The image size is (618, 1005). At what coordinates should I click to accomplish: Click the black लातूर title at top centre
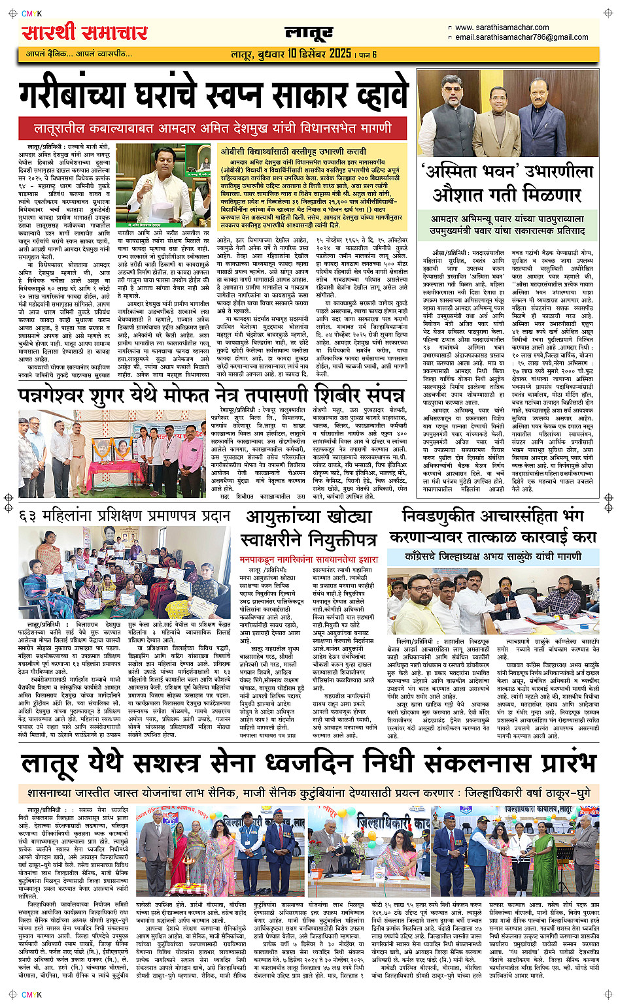coord(309,33)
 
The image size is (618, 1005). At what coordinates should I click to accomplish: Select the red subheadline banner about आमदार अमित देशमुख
coord(213,127)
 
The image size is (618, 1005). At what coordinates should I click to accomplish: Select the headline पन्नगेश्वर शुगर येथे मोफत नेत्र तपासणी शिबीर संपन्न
coord(211,395)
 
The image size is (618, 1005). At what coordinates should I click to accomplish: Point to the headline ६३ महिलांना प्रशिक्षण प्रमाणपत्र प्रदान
coord(125,516)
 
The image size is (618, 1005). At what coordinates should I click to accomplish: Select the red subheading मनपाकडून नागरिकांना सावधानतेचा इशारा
coord(309,559)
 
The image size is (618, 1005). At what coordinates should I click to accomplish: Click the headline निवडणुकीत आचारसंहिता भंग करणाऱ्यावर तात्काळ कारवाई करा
coord(492,526)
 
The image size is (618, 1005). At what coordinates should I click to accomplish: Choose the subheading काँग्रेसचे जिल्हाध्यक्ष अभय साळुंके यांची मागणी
coord(492,556)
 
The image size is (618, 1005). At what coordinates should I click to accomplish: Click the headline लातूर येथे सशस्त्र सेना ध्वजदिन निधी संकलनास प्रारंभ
coord(309,763)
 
